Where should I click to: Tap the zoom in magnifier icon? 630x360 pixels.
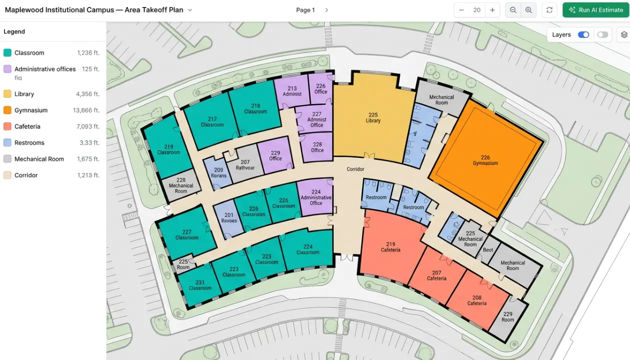point(528,10)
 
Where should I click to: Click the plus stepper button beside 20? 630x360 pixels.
point(492,10)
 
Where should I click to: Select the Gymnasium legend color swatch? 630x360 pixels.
point(7,110)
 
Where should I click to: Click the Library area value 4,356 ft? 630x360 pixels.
point(87,94)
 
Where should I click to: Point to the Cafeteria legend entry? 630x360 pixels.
point(27,126)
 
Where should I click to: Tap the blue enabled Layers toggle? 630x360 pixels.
point(583,34)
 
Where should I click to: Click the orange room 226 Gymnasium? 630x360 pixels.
point(485,160)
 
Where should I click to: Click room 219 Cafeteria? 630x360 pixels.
point(390,247)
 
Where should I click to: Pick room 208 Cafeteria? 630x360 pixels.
point(476,300)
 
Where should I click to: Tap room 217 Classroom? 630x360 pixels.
point(212,121)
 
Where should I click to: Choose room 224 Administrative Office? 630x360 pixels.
point(316,197)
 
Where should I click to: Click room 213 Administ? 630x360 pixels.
point(292,91)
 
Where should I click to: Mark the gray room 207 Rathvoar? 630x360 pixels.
point(245,164)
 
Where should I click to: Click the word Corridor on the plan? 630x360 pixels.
point(355,169)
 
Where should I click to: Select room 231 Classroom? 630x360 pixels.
point(200,285)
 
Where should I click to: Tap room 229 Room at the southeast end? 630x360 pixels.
point(508,316)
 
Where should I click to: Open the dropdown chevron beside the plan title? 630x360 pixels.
point(190,10)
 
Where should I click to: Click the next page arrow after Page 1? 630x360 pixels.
point(326,10)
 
